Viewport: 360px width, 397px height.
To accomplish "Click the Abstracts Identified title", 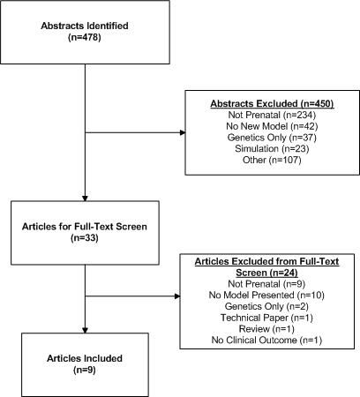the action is click(x=85, y=26).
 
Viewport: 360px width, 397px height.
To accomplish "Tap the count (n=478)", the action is click(x=85, y=37).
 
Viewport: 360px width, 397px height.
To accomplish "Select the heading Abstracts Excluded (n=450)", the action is click(x=272, y=103).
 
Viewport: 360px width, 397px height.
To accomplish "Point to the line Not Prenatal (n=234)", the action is click(x=272, y=115).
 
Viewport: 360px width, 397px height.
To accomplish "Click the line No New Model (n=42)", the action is click(x=272, y=126).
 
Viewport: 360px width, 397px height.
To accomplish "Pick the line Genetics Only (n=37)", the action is click(x=272, y=138).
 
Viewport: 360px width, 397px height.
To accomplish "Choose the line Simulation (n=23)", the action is click(x=272, y=148).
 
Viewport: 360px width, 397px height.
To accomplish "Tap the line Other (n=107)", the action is click(x=272, y=160).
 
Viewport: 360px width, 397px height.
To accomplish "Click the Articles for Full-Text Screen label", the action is click(x=85, y=227).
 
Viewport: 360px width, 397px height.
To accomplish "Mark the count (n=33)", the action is click(x=85, y=237).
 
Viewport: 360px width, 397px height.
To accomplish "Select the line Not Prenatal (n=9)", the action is click(x=266, y=284).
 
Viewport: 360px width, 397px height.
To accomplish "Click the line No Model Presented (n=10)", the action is click(x=266, y=295).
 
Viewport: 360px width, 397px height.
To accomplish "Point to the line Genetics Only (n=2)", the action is click(x=266, y=306).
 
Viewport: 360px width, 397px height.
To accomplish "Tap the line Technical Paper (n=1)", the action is click(x=266, y=318).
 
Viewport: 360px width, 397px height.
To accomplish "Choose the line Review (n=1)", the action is click(x=266, y=329).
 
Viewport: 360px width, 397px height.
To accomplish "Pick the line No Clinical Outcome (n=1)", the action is click(x=266, y=340).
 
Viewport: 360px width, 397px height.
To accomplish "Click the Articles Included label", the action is click(x=85, y=358).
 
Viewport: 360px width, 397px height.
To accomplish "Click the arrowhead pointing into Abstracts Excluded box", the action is click(x=183, y=132).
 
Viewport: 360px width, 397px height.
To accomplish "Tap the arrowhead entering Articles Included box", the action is click(x=85, y=330).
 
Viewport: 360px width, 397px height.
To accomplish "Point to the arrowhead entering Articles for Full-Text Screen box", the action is click(x=85, y=198).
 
